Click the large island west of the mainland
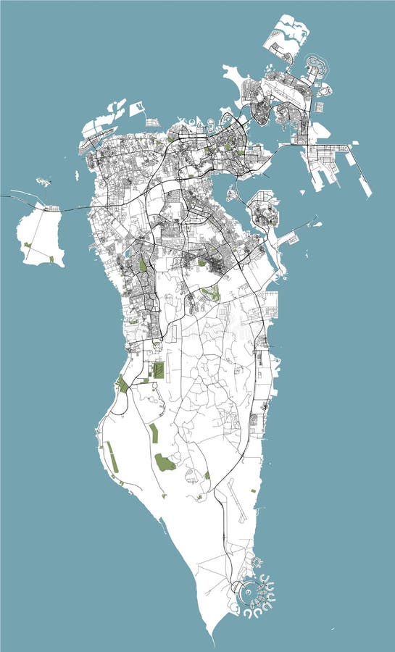[41, 233]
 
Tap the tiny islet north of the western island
[43, 182]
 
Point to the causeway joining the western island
[72, 209]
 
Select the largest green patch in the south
[165, 462]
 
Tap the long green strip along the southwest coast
[112, 456]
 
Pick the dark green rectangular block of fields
[158, 370]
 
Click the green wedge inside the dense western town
[143, 265]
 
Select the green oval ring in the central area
[211, 293]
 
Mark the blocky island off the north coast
[136, 109]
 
